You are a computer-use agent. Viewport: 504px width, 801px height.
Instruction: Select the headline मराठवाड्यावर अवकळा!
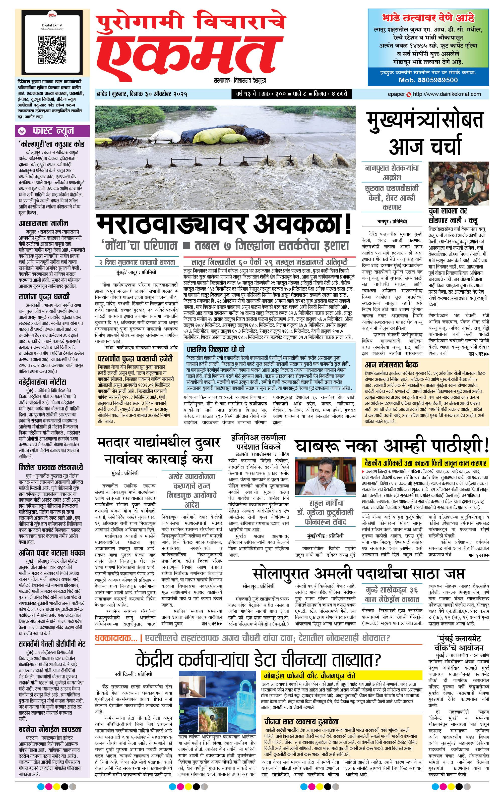[223, 224]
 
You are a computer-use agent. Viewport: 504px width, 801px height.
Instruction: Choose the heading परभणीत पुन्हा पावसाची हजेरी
[135, 359]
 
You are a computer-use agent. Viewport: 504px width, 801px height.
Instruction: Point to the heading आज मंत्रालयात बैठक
[391, 364]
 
